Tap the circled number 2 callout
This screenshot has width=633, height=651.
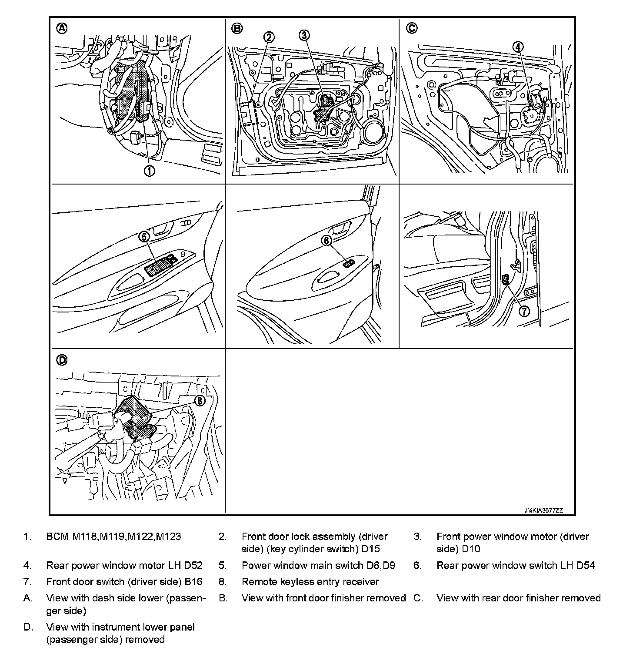[269, 37]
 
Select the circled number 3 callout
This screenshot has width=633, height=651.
[304, 35]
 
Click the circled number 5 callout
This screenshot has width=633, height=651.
[144, 236]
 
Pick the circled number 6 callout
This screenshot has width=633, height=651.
[326, 240]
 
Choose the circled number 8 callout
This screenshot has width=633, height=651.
[199, 401]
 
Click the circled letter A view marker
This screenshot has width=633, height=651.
[63, 28]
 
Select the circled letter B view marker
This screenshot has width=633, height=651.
[237, 28]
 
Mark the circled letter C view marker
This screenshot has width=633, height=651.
[411, 28]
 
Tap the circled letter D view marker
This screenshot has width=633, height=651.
[63, 360]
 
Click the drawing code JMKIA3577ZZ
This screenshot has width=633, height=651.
[543, 511]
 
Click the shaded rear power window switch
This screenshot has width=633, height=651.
[348, 263]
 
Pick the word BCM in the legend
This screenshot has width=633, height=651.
[57, 537]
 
